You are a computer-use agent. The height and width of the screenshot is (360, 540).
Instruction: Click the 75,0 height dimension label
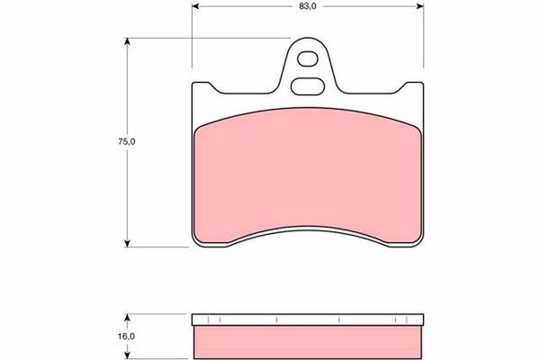pos(127,141)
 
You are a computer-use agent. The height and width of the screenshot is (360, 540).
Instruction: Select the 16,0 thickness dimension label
pos(127,337)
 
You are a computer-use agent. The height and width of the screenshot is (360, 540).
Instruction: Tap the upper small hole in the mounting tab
pos(308,58)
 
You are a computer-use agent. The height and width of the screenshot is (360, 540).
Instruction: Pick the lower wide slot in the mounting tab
pos(308,86)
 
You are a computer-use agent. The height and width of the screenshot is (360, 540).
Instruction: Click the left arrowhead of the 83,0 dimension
pos(195,6)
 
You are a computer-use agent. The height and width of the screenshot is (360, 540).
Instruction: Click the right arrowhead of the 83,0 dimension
pos(419,6)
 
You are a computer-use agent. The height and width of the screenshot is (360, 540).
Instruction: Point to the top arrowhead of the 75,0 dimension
pos(128,41)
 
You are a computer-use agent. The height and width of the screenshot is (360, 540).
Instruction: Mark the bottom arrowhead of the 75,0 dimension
pos(128,244)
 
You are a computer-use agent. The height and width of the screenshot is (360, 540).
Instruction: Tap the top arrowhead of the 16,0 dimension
pos(128,318)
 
